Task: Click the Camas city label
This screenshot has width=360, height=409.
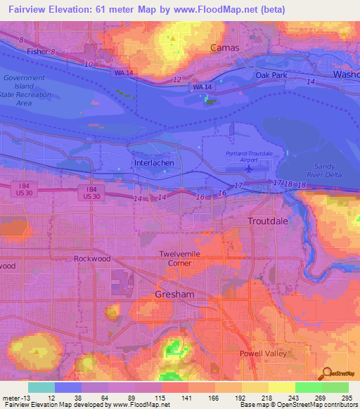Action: pos(225,48)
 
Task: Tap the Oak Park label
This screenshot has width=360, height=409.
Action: pos(271,74)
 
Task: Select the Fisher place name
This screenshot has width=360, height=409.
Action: pos(37,51)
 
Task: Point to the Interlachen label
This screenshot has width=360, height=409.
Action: pos(153,162)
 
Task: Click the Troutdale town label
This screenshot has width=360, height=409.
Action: pos(268,221)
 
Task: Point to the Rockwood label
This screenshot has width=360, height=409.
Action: pos(92,259)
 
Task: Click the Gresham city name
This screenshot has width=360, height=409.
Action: pos(174,294)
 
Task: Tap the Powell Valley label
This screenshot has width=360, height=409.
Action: pos(263,353)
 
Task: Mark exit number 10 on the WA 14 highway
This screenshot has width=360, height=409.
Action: pos(89,64)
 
